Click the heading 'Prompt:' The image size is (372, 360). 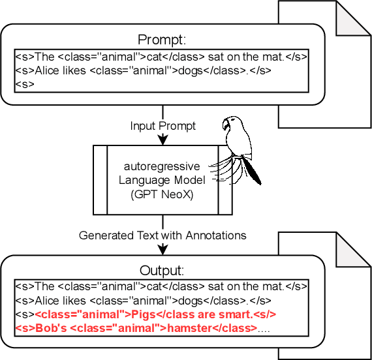coord(162,39)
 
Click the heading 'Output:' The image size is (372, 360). coord(162,270)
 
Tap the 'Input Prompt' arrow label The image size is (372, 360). coord(162,126)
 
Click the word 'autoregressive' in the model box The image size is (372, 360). coord(162,167)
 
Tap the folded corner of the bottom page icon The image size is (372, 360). coord(356,250)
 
